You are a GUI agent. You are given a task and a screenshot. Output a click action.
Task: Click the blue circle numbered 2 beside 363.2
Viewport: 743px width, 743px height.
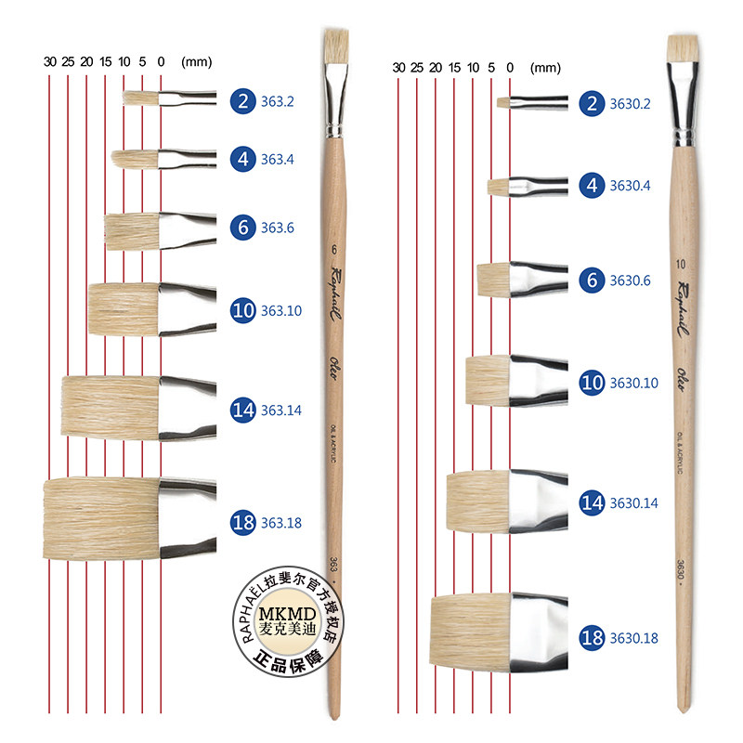coord(243,101)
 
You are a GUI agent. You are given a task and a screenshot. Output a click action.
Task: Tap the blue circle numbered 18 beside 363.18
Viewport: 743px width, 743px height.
coord(243,523)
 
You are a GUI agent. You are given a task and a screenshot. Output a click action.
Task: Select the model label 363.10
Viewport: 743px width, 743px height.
coord(281,311)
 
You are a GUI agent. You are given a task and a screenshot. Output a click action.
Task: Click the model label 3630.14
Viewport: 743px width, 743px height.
coord(633,503)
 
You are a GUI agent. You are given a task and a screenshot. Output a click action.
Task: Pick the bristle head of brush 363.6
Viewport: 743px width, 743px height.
coord(132,231)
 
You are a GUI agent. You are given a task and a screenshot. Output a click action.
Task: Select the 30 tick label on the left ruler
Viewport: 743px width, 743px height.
coord(49,63)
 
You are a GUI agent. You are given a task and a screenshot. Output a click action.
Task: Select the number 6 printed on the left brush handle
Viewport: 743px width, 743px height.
coord(332,250)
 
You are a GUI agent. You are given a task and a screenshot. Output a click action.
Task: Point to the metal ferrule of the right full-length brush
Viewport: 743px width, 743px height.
coord(684,109)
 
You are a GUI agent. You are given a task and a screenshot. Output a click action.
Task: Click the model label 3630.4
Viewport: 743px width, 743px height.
coord(631,186)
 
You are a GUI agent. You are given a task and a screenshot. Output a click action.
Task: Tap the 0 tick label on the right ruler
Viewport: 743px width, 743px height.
coord(510,67)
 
